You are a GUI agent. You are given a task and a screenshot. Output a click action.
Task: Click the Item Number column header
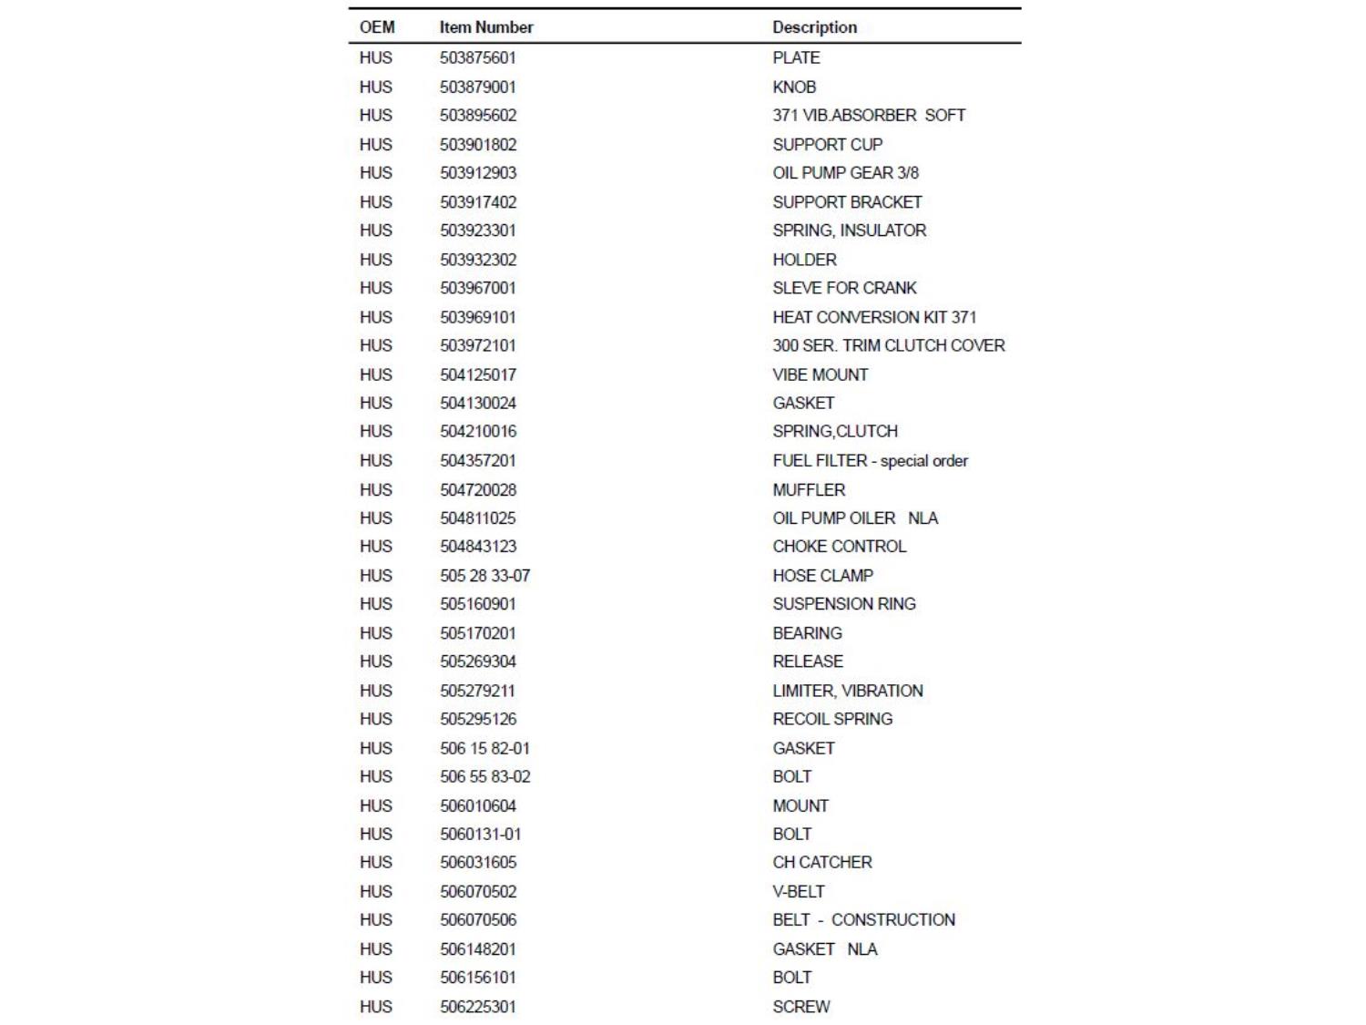pos(486,27)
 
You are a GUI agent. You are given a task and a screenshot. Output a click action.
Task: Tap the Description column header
pos(814,27)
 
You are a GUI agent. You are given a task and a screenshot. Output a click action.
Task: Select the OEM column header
pos(377,27)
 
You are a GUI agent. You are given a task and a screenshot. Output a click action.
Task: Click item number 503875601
pos(478,57)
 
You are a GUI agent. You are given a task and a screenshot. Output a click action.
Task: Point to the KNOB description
pos(794,87)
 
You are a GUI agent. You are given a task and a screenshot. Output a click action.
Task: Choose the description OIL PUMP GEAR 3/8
pos(845,172)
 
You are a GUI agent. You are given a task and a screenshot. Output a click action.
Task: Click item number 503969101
pos(478,317)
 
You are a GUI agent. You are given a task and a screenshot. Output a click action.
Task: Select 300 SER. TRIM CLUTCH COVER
pos(888,345)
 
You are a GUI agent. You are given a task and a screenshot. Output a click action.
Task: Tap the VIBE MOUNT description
pos(820,374)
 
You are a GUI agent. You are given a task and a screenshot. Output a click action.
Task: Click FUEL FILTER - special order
pos(870,460)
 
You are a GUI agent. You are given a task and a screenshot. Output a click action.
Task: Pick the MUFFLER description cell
pos(809,489)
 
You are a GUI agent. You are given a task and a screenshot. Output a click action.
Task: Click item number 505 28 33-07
pos(484,575)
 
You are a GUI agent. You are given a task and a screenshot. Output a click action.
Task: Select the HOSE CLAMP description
pos(822,575)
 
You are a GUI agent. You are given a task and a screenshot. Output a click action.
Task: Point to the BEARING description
pos(807,632)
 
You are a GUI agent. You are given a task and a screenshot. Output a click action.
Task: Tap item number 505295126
pos(478,719)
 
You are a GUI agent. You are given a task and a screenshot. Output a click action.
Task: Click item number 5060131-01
pos(481,834)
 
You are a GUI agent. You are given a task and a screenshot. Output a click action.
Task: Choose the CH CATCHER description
pos(821,862)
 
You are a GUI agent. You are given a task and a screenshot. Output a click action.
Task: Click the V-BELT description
pos(798,891)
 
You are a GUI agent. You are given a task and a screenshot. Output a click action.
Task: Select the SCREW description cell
pos(800,1006)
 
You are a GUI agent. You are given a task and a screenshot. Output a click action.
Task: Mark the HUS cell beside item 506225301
pos(375,1006)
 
